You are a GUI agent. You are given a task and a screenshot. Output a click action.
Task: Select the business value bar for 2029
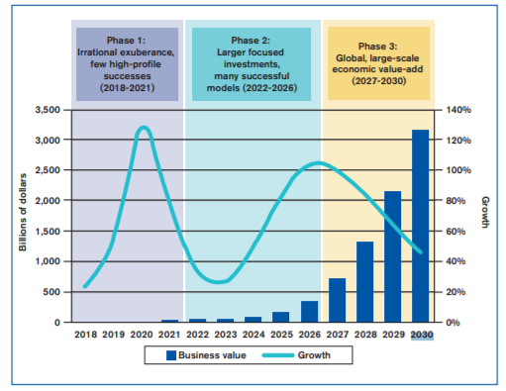392,256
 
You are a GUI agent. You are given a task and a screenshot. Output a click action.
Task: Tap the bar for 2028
364,282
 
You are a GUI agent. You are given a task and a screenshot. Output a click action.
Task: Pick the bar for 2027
337,300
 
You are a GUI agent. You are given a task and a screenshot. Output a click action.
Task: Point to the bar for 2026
309,312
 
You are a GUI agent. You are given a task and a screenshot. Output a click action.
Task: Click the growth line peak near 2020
144,128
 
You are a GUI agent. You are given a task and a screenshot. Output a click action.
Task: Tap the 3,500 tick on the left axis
47,109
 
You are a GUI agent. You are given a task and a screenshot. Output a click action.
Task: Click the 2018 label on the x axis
86,335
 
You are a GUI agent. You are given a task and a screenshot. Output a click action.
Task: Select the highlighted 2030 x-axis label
420,335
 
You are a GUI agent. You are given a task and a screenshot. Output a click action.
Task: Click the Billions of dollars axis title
22,216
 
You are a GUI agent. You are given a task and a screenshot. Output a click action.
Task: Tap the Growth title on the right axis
486,212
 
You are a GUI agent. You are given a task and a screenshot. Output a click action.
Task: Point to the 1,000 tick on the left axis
47,261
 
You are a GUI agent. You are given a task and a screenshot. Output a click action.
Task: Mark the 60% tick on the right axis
455,231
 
